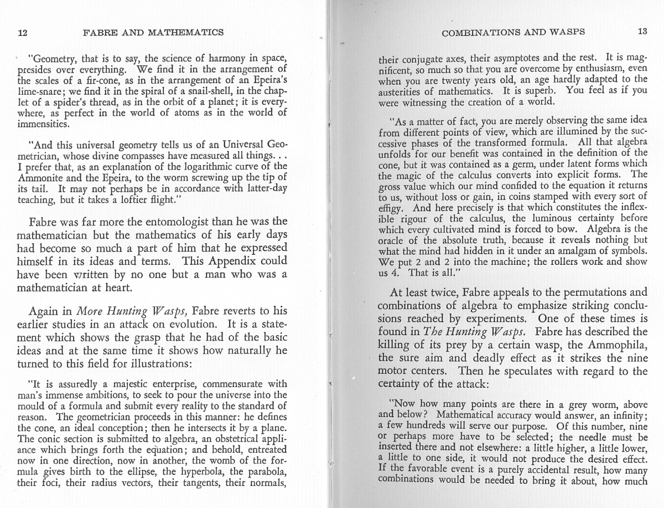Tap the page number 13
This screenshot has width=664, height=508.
[x=642, y=32]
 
